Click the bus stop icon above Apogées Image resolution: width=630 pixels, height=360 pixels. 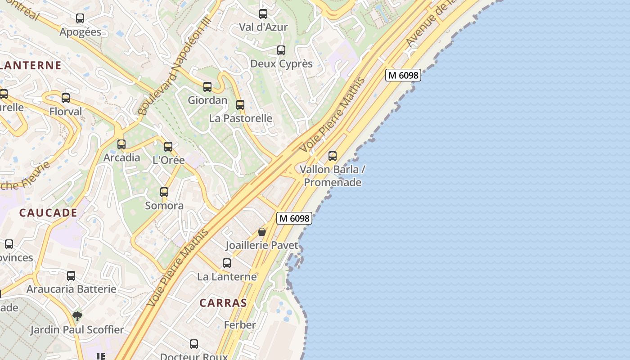(80, 18)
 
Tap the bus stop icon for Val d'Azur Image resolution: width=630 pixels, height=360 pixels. (263, 14)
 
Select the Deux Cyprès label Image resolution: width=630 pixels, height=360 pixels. (281, 63)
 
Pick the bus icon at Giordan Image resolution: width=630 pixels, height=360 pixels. (207, 87)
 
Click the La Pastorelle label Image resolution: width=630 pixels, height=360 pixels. (241, 118)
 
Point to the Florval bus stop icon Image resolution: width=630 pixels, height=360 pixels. (66, 98)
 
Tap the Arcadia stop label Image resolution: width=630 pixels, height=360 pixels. (122, 158)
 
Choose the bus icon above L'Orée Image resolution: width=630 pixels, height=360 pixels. (168, 146)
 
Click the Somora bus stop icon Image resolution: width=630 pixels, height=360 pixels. (164, 192)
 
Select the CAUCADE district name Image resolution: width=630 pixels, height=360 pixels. (48, 213)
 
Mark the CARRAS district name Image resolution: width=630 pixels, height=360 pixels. (223, 303)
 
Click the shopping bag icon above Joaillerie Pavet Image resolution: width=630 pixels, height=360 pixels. (262, 232)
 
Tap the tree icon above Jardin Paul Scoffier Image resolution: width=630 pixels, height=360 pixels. (77, 316)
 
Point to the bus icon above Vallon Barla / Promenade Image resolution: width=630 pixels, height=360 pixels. (333, 156)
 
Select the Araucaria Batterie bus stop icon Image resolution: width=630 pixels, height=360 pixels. (71, 276)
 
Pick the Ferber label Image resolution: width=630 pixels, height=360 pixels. (240, 325)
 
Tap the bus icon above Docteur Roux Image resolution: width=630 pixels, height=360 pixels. (194, 344)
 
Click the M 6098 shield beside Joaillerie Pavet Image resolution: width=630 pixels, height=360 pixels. (294, 218)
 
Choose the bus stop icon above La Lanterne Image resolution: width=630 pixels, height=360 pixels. (227, 263)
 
